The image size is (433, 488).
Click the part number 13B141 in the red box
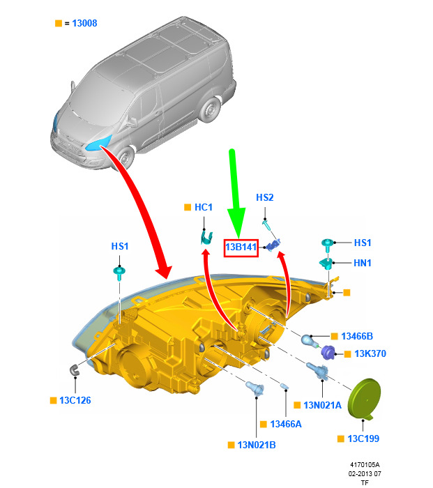(x=241, y=247)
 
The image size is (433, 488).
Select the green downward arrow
(x=236, y=193)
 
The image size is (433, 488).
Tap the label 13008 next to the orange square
(x=84, y=23)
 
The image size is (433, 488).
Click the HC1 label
(x=204, y=207)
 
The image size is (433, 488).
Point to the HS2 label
(x=264, y=197)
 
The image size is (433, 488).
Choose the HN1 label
(x=363, y=263)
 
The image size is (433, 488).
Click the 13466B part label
(x=357, y=336)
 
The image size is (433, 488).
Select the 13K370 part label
(x=370, y=353)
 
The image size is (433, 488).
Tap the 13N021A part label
(x=323, y=405)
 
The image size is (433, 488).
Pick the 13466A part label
(x=286, y=424)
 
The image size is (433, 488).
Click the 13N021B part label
(x=257, y=445)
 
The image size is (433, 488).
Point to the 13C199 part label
(x=363, y=439)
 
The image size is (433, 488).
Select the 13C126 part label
(x=75, y=400)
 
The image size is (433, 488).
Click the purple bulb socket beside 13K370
(x=328, y=353)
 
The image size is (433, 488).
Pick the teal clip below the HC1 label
(x=206, y=238)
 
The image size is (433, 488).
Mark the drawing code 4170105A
(x=365, y=465)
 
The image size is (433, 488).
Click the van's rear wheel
(x=210, y=110)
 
